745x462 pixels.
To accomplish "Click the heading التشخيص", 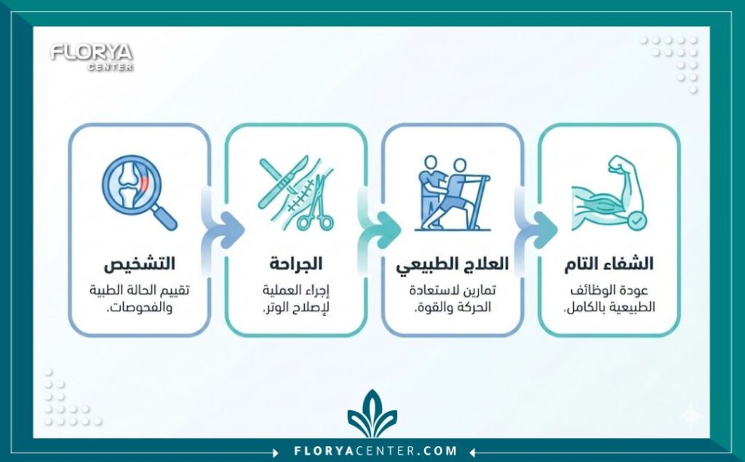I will point(138,263).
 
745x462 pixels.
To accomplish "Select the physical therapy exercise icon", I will point(451,192).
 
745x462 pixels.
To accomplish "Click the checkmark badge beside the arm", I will point(635,218).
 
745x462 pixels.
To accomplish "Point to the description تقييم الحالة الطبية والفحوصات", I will point(138,298).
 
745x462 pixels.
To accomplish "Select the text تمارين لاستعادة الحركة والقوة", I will point(452,298).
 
